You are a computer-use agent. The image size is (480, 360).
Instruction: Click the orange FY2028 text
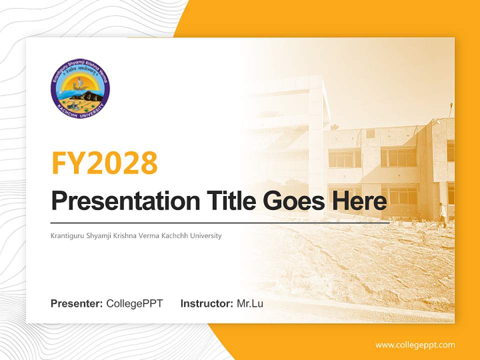pos(104,162)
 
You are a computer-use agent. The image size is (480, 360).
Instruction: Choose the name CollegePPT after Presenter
pos(134,303)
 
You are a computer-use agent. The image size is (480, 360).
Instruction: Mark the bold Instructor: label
pos(206,303)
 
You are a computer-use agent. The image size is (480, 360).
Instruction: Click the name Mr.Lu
pos(249,303)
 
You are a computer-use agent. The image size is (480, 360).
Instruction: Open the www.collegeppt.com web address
pos(415,345)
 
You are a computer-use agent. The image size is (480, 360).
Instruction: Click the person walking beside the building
pos(442,214)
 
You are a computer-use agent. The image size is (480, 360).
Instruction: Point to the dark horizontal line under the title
pos(220,222)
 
